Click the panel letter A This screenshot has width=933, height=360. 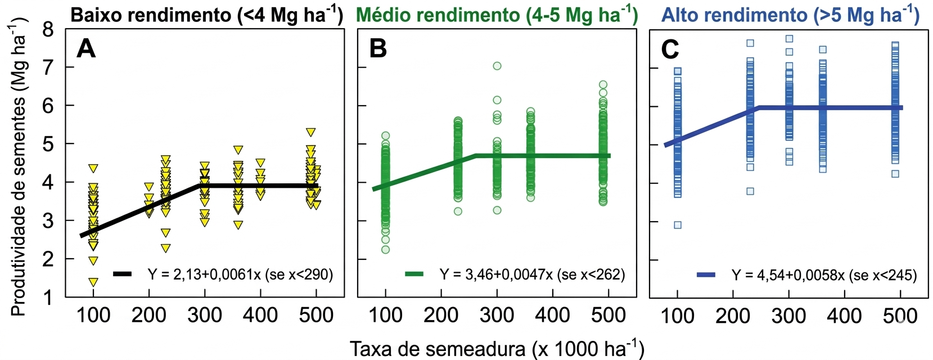point(86,48)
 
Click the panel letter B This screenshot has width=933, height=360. point(378,48)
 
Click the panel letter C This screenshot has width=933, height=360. point(670,49)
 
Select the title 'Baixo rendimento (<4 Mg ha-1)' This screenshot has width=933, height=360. point(206,15)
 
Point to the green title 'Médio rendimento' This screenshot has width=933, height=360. point(497,15)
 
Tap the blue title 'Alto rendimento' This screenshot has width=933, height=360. point(790,15)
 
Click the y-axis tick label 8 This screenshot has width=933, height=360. point(48,29)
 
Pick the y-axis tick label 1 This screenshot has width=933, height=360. point(48,297)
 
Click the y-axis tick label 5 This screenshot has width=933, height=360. point(48,143)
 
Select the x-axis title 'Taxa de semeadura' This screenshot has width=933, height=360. point(497,348)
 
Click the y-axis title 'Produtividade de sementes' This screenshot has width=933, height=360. point(19,166)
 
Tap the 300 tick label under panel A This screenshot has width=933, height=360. point(205,316)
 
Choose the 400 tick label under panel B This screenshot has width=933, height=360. point(552,316)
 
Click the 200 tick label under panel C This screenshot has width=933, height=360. point(733,316)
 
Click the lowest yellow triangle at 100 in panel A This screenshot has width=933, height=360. point(93,282)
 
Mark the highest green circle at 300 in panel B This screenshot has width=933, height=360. point(497,66)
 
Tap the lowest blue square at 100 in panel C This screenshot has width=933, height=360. point(678,225)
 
